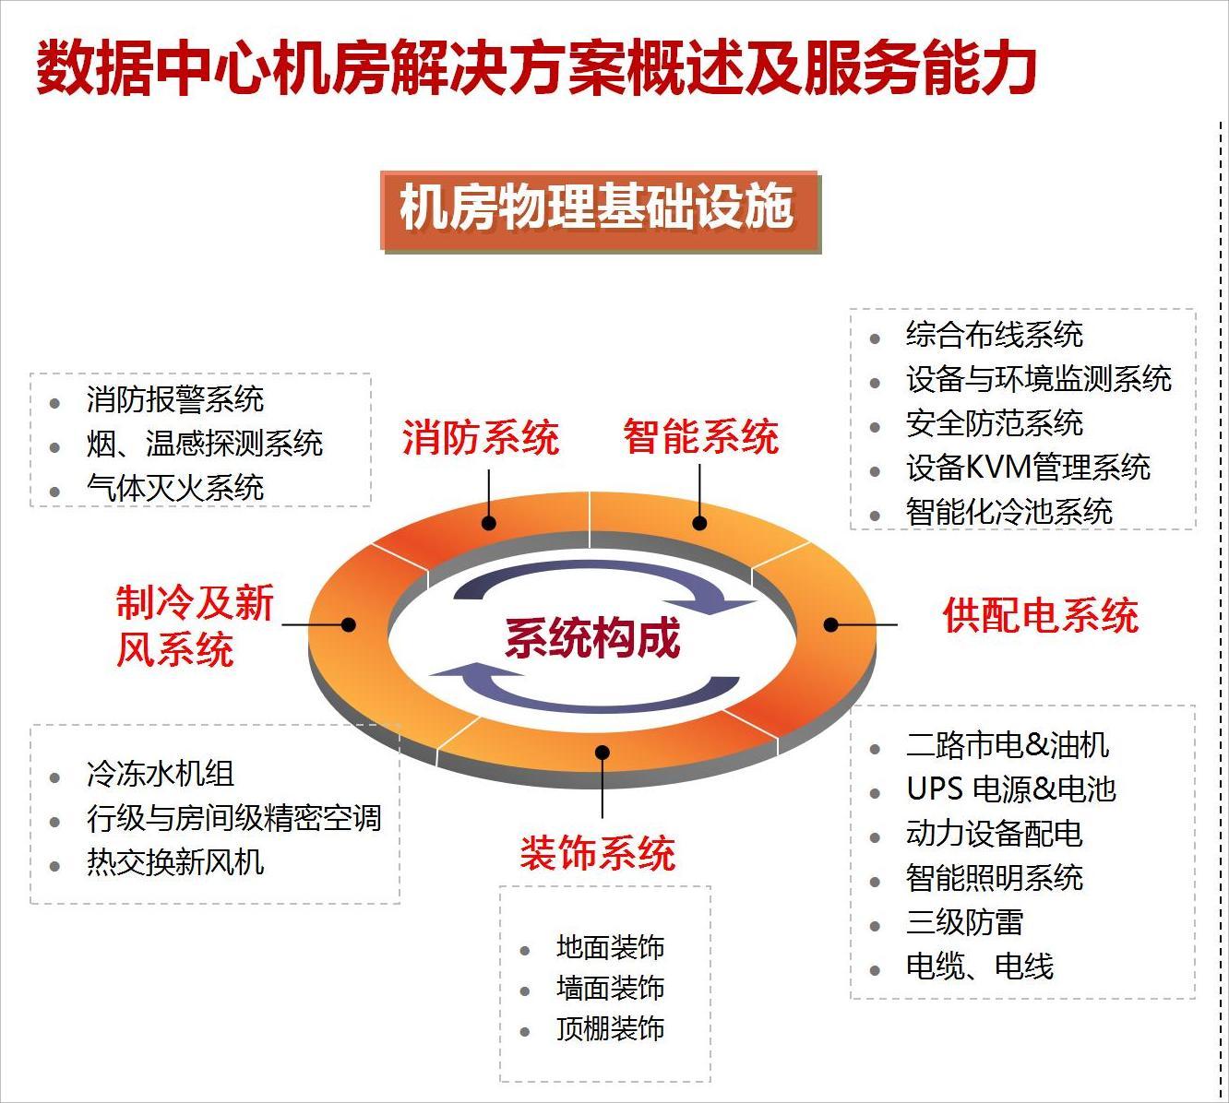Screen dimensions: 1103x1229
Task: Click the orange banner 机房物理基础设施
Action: [x=600, y=209]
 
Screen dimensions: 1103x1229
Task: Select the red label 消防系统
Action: [x=481, y=437]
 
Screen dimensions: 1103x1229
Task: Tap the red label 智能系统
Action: [x=700, y=437]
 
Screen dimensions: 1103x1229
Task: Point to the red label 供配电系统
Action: [x=1040, y=616]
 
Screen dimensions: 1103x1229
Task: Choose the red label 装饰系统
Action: [x=598, y=853]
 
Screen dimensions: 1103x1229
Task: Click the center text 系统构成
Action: [x=592, y=638]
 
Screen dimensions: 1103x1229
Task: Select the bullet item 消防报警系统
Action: [x=175, y=399]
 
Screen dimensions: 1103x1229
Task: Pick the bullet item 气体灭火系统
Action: [x=175, y=488]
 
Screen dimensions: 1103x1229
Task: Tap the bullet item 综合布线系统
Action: [x=994, y=335]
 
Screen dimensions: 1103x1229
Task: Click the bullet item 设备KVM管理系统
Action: [x=1028, y=468]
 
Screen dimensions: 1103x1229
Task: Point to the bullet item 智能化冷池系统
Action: [x=1008, y=512]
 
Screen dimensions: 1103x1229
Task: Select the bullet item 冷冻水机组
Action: [x=161, y=774]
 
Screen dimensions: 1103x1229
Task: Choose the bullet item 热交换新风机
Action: [x=175, y=862]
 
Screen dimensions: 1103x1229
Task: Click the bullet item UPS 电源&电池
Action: [x=1011, y=789]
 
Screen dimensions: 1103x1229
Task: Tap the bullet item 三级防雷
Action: [x=964, y=922]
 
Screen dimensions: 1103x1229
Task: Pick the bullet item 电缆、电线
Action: [x=979, y=967]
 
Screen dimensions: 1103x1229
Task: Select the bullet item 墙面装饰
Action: [x=610, y=989]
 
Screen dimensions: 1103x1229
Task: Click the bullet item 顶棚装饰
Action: [x=610, y=1029]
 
